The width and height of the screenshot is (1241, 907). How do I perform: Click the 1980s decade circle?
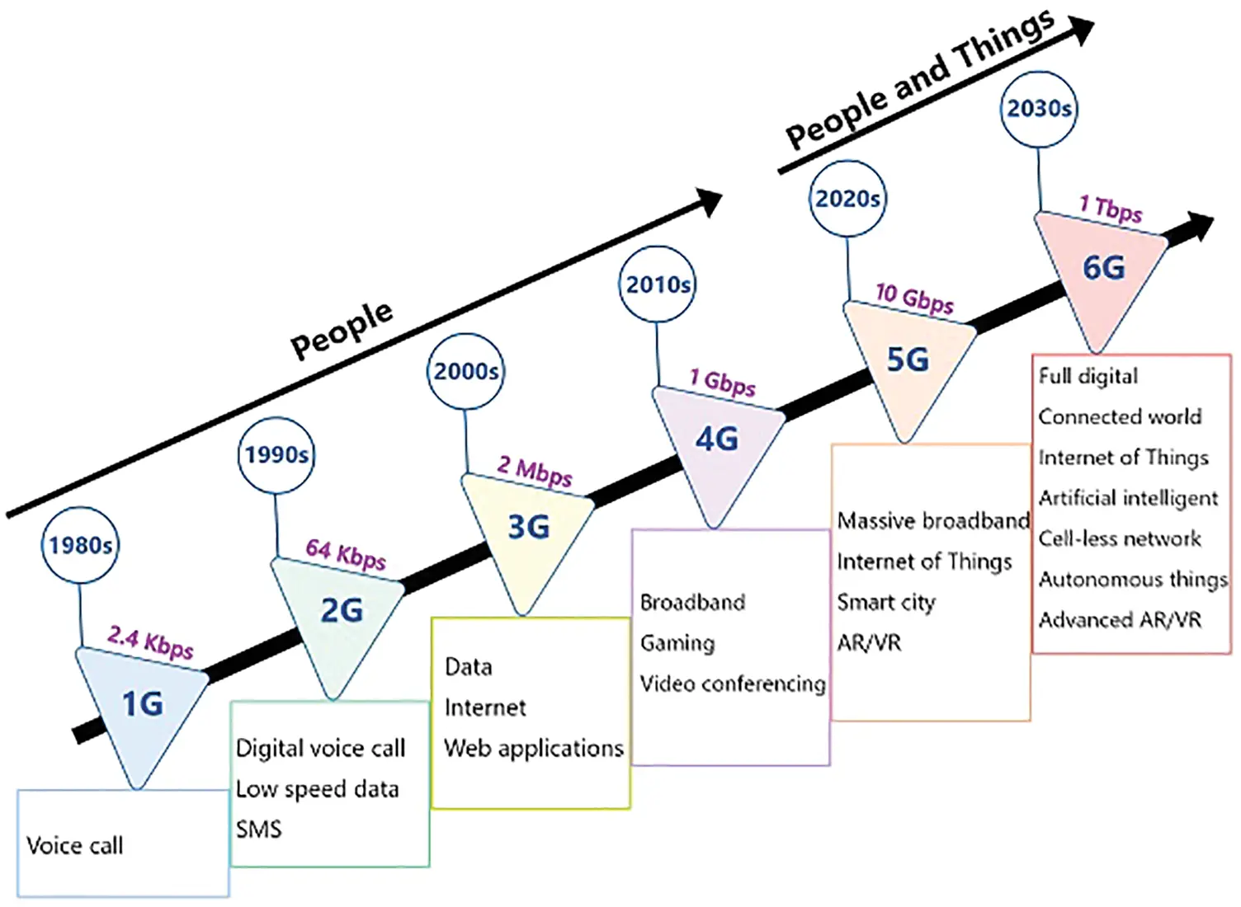pyautogui.click(x=80, y=545)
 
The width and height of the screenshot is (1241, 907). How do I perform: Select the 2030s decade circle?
pyautogui.click(x=1039, y=109)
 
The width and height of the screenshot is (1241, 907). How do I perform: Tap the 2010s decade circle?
pyautogui.click(x=657, y=284)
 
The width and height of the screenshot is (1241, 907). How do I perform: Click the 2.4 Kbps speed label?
pyautogui.click(x=150, y=641)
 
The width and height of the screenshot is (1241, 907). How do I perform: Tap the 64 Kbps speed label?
pyautogui.click(x=346, y=553)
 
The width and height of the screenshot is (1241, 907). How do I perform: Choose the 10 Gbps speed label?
pyautogui.click(x=914, y=298)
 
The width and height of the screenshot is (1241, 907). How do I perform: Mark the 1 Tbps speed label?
pyautogui.click(x=1111, y=208)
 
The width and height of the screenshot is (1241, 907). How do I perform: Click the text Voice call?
pyautogui.click(x=74, y=845)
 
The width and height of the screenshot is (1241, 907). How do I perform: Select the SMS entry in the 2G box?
pyautogui.click(x=258, y=829)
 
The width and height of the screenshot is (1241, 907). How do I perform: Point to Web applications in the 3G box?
pyautogui.click(x=533, y=748)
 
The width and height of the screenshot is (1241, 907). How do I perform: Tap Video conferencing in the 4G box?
pyautogui.click(x=732, y=684)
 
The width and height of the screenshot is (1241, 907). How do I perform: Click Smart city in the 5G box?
pyautogui.click(x=885, y=602)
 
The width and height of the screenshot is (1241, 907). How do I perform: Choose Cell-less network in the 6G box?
pyautogui.click(x=1119, y=538)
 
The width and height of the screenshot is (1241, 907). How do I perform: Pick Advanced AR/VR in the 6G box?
pyautogui.click(x=1119, y=620)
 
